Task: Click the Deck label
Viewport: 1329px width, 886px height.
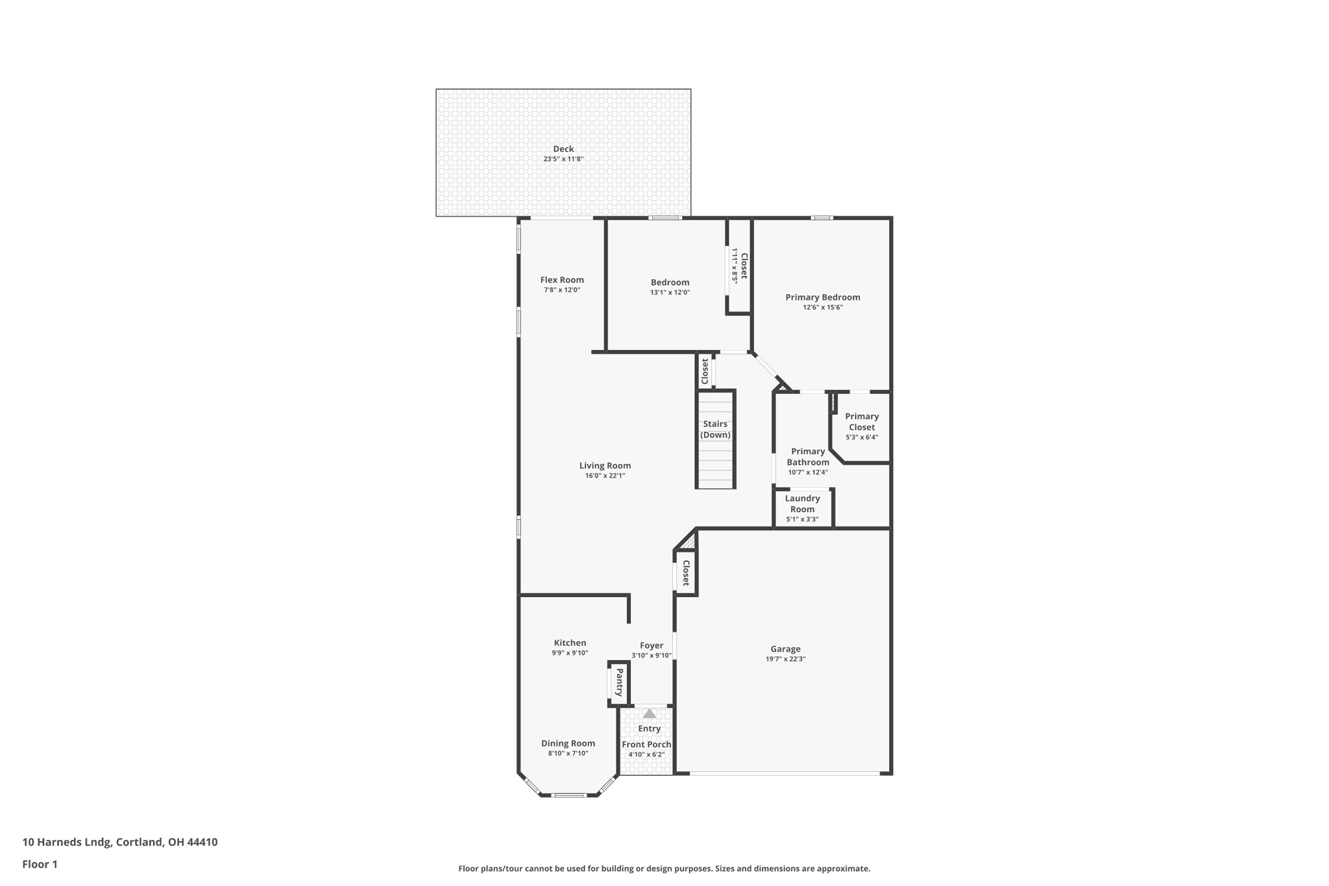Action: tap(563, 149)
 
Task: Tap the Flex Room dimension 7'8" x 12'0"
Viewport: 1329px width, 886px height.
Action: tap(562, 290)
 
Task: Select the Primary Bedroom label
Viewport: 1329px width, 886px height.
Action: tap(822, 297)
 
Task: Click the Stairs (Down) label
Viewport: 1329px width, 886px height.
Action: tap(715, 429)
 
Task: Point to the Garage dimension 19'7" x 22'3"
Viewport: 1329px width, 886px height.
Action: tap(785, 659)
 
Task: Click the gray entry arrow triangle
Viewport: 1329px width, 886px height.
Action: tap(649, 713)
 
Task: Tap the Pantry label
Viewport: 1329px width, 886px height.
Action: tap(619, 682)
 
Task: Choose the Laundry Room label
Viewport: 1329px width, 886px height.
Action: tap(802, 504)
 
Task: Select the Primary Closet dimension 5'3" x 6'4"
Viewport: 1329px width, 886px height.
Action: tap(862, 437)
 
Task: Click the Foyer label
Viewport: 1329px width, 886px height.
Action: tap(652, 645)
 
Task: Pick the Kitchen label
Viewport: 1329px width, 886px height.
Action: tap(570, 643)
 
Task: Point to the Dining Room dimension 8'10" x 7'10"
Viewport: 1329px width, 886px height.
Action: tap(568, 754)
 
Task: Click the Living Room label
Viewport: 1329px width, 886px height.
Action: tap(605, 465)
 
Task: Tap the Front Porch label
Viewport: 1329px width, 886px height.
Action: tap(646, 744)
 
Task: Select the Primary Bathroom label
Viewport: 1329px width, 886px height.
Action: tap(808, 457)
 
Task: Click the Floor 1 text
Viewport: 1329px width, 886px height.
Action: tap(40, 864)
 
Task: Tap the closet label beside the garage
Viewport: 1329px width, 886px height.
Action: tap(686, 572)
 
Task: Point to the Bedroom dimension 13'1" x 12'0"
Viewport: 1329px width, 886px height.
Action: tap(670, 293)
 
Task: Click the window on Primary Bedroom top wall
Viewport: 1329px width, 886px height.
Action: tap(822, 218)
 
